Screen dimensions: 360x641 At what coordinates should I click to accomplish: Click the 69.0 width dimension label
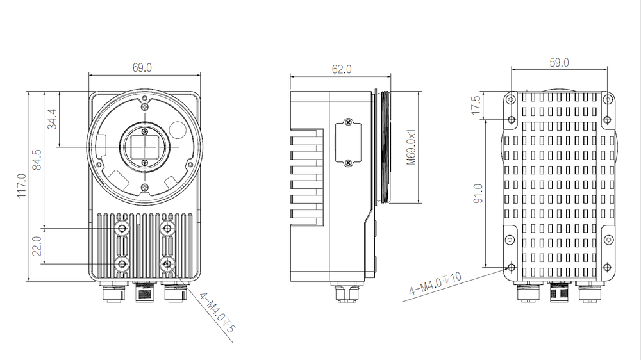[142, 67]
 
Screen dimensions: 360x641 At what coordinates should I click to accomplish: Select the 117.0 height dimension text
[21, 186]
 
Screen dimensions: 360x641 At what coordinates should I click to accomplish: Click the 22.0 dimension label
[37, 247]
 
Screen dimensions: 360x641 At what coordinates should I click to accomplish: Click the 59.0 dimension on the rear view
[560, 63]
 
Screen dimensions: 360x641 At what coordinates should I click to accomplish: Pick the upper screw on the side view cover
[348, 122]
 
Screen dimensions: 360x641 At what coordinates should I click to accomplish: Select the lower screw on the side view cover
[348, 163]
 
